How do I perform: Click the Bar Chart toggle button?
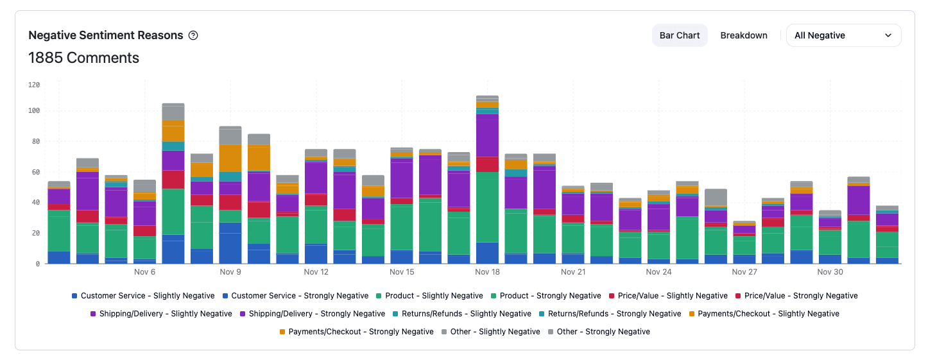(x=680, y=35)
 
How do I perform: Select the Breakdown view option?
(x=744, y=35)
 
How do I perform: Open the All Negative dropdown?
(x=843, y=35)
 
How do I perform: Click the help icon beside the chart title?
(x=193, y=35)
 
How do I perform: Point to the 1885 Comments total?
(x=83, y=58)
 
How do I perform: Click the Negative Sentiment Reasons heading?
(x=106, y=35)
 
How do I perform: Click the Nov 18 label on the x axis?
(x=487, y=272)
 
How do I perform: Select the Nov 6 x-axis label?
(x=144, y=272)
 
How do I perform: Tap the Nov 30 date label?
(x=830, y=272)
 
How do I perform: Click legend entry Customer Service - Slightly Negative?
(x=147, y=296)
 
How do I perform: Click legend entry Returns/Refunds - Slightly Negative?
(x=462, y=314)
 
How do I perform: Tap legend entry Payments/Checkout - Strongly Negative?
(x=361, y=332)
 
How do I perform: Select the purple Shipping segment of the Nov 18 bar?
(x=488, y=135)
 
